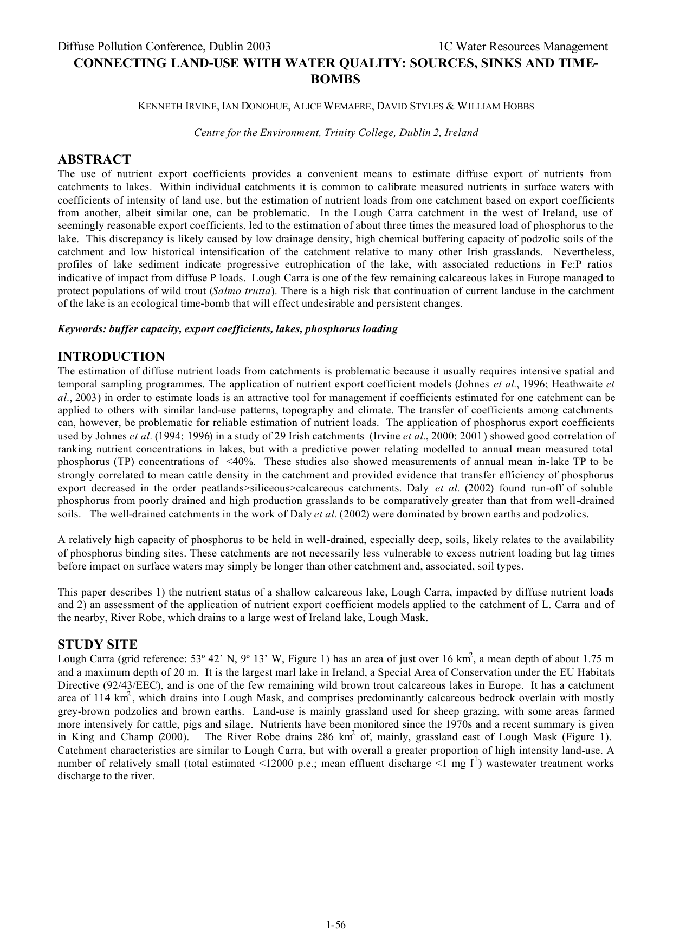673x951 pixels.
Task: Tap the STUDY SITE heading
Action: pyautogui.click(x=98, y=644)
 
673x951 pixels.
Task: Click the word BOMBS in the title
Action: pyautogui.click(x=336, y=79)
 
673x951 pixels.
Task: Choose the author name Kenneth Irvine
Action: pyautogui.click(x=177, y=107)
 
